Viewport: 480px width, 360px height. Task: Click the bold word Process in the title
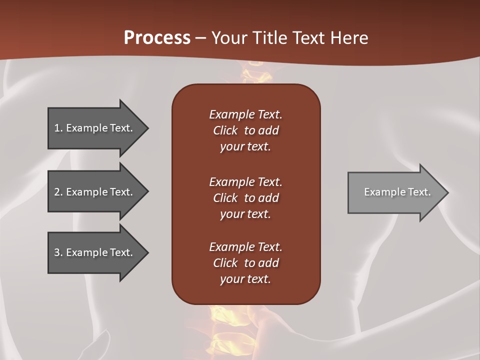tap(157, 38)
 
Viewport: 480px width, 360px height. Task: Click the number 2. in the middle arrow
tap(58, 192)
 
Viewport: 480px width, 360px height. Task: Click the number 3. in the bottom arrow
tap(58, 252)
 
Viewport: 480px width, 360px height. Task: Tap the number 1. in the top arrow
tap(58, 128)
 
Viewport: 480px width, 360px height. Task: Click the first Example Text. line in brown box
tap(245, 114)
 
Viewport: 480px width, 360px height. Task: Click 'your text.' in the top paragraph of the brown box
tap(245, 147)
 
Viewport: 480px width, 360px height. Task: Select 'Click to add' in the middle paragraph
tap(245, 198)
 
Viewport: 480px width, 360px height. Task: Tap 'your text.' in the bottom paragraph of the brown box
tap(245, 279)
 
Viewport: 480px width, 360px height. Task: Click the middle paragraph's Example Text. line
tap(245, 182)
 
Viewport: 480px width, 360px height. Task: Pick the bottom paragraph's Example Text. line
tap(245, 247)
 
